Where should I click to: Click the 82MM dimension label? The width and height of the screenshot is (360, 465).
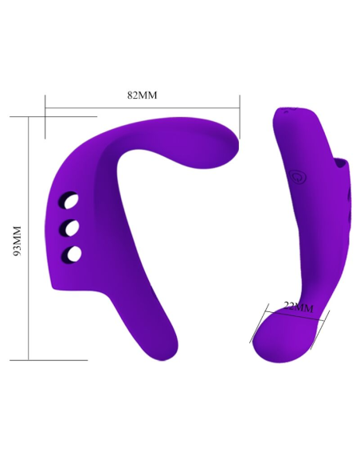point(143,95)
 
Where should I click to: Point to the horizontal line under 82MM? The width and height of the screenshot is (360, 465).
point(143,105)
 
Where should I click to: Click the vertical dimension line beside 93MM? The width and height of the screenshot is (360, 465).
point(29,239)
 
